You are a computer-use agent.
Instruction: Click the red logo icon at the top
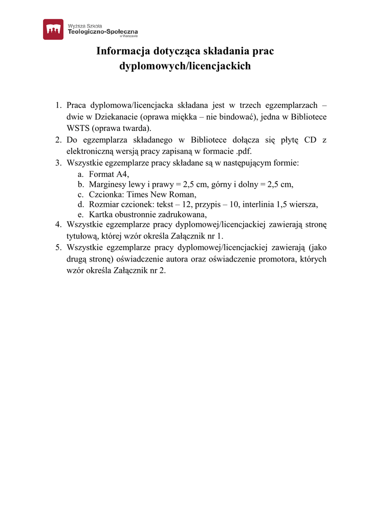point(53,29)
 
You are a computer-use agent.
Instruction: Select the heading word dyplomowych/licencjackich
point(185,66)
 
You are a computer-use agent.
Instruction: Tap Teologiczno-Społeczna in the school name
point(102,32)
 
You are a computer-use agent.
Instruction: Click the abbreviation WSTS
point(78,128)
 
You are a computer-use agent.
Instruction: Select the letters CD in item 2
point(311,140)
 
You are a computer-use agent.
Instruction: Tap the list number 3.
point(58,163)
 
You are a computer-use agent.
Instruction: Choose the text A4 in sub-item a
point(121,174)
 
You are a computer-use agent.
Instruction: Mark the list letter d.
point(80,205)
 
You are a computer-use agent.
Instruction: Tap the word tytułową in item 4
point(82,236)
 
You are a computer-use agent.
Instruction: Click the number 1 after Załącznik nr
point(221,236)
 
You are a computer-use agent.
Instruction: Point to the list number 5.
point(58,247)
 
